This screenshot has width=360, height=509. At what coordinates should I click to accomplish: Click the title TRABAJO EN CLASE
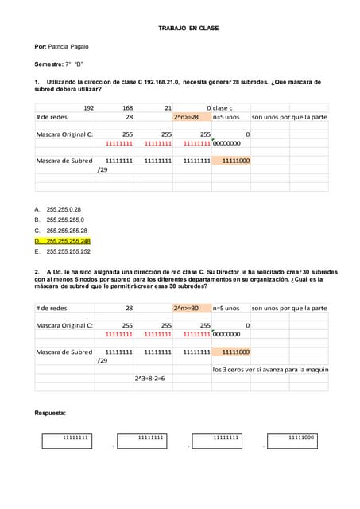pyautogui.click(x=188, y=29)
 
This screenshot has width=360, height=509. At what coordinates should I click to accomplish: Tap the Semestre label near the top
pyautogui.click(x=48, y=64)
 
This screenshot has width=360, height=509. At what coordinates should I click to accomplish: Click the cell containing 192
pyautogui.click(x=88, y=107)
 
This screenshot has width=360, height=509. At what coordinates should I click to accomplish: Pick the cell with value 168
pyautogui.click(x=127, y=107)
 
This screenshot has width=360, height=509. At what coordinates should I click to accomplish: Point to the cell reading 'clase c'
pyautogui.click(x=223, y=107)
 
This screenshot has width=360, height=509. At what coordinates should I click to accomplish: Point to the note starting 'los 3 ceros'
pyautogui.click(x=270, y=369)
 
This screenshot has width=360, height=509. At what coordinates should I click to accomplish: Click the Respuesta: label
pyautogui.click(x=50, y=414)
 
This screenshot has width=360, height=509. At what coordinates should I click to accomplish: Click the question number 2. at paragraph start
pyautogui.click(x=37, y=272)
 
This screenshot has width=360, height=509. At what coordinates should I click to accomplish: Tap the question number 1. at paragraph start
pyautogui.click(x=37, y=82)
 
